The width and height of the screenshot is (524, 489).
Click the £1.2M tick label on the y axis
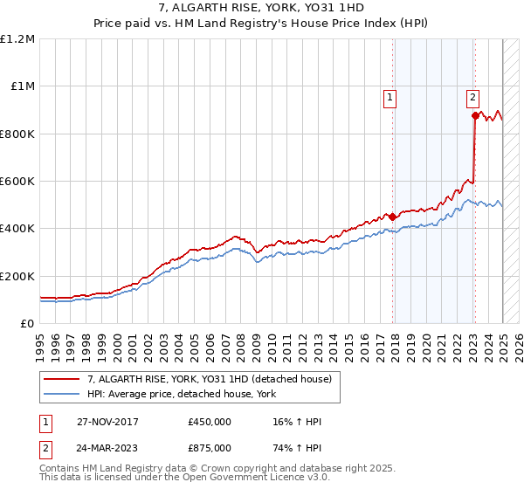pyautogui.click(x=17, y=39)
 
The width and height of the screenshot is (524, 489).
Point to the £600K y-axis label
pyautogui.click(x=17, y=182)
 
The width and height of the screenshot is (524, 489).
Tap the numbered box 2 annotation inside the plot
pyautogui.click(x=472, y=98)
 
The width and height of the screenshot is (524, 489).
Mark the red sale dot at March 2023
pyautogui.click(x=475, y=115)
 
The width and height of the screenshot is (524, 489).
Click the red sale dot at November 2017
pyautogui.click(x=393, y=217)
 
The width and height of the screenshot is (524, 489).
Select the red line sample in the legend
pyautogui.click(x=62, y=380)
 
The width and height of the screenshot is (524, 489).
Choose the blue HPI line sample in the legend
pyautogui.click(x=62, y=394)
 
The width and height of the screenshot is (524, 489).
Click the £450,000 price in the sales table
pyautogui.click(x=210, y=423)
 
